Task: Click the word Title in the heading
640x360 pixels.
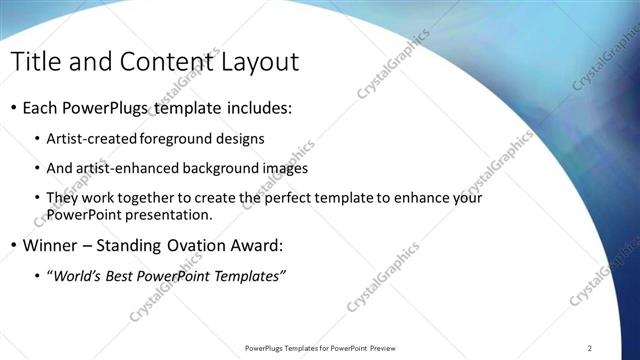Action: (39, 62)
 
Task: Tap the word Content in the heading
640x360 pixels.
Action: (162, 62)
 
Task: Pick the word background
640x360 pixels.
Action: (207, 169)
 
